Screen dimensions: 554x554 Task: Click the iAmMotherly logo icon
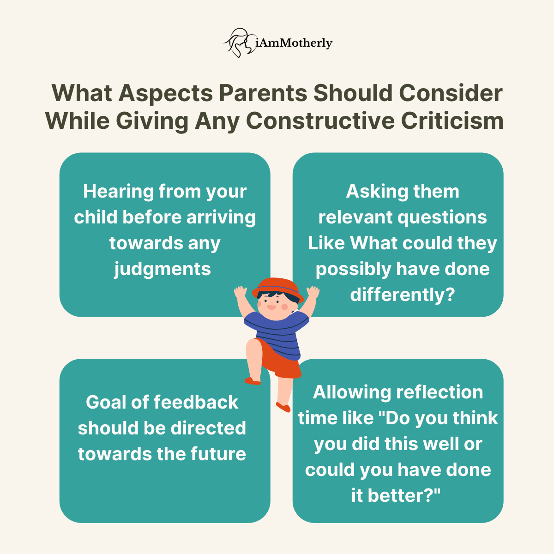click(239, 43)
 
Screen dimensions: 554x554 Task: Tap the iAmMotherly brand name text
click(294, 43)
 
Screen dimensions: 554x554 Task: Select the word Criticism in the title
click(452, 121)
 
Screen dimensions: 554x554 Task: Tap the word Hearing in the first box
click(118, 192)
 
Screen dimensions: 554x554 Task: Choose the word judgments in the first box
click(163, 269)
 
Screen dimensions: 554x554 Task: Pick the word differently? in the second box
click(403, 295)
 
